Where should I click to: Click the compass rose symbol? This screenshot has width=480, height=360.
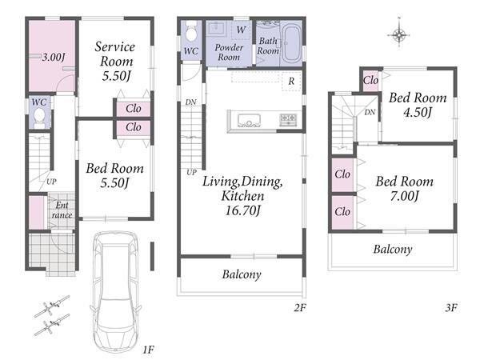[399, 35]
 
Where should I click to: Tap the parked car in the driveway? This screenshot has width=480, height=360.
[115, 292]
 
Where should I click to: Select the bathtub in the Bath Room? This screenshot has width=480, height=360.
[291, 43]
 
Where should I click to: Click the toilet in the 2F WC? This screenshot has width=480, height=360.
[191, 31]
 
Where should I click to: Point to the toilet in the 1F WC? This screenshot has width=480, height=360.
[39, 118]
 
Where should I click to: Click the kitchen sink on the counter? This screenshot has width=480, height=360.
[249, 120]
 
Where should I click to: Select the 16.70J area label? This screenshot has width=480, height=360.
[242, 210]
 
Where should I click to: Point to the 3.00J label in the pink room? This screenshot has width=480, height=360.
[54, 57]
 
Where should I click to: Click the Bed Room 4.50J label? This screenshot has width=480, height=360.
[418, 105]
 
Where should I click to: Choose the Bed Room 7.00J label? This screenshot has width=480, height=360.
[404, 189]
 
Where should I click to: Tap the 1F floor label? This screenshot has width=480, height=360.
[148, 350]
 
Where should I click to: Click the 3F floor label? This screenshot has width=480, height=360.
[451, 307]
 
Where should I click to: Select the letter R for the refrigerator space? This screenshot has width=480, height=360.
[291, 81]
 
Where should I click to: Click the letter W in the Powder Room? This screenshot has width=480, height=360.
[241, 30]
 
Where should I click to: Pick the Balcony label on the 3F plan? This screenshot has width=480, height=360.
[393, 249]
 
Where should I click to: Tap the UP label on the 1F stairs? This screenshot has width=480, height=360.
[51, 182]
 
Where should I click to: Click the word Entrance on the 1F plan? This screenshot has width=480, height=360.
[62, 210]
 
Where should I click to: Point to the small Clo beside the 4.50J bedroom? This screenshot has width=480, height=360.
[370, 81]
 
